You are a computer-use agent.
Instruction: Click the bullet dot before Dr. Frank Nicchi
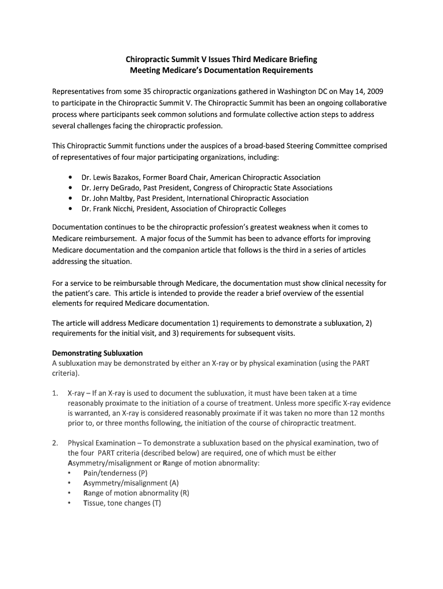point(70,209)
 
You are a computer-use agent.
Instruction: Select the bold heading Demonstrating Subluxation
point(97,353)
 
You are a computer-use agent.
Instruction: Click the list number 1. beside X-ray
point(55,393)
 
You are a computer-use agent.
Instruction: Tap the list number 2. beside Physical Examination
point(55,443)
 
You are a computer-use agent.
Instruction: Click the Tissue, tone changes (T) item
point(122,503)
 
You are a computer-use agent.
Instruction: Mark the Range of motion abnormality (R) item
point(136,493)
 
